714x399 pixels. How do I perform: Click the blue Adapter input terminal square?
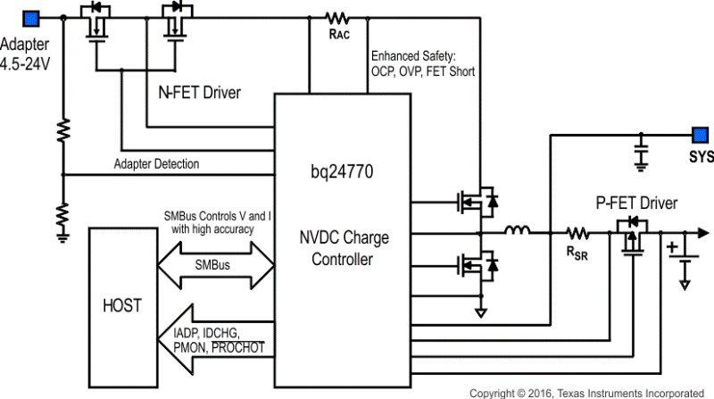click(29, 16)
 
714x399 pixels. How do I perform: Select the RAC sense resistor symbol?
click(338, 17)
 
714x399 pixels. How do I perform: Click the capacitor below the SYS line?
click(639, 154)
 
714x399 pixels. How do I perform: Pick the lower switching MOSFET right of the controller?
click(477, 264)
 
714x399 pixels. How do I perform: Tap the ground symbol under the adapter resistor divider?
click(63, 236)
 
